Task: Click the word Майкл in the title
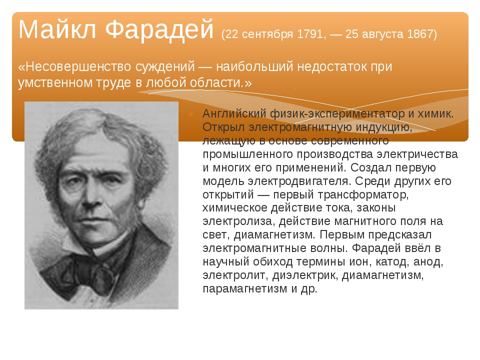[x=57, y=29]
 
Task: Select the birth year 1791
[x=310, y=34]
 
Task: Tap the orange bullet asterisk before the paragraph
[x=191, y=114]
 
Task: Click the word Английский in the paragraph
[x=234, y=113]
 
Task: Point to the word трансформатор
[x=363, y=194]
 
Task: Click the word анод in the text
[x=428, y=262]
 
